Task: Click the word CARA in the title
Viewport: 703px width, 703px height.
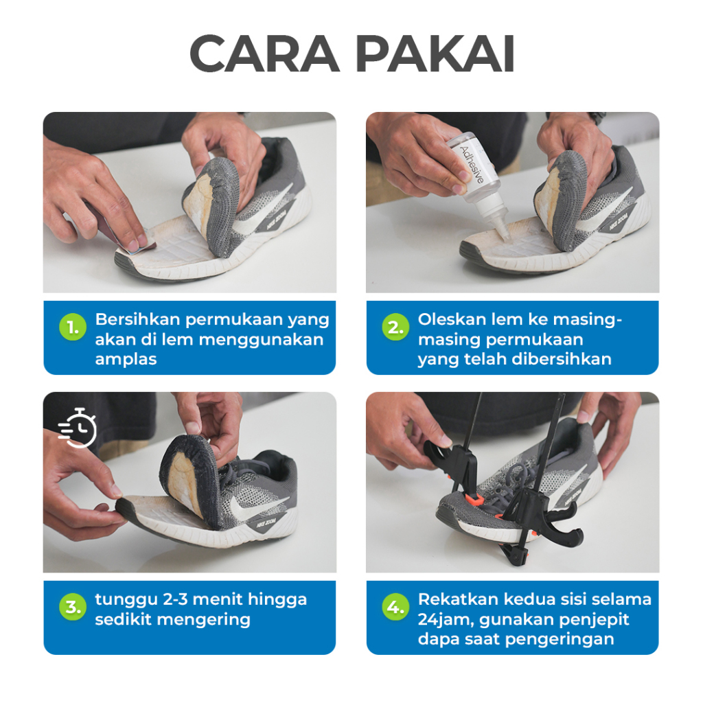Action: tap(264, 54)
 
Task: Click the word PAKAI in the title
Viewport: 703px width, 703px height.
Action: tap(435, 54)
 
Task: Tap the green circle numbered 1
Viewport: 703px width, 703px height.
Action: tap(73, 327)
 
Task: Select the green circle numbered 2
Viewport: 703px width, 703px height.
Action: tap(395, 327)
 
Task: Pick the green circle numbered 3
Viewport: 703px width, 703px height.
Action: tap(73, 607)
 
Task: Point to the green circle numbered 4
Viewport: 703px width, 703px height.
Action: tap(395, 607)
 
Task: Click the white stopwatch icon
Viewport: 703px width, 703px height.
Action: tap(78, 428)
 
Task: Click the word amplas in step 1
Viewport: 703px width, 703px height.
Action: tap(126, 359)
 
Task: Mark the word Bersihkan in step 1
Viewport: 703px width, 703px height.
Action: tap(137, 319)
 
